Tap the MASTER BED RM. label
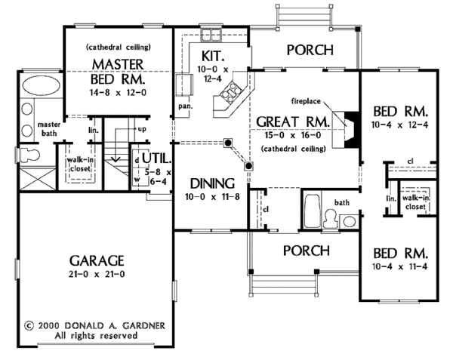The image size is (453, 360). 117,69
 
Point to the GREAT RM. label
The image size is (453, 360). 294,122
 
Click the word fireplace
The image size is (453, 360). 310,100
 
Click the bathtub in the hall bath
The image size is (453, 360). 312,208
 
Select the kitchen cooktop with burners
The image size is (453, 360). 230,94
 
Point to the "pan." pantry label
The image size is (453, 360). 184,106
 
